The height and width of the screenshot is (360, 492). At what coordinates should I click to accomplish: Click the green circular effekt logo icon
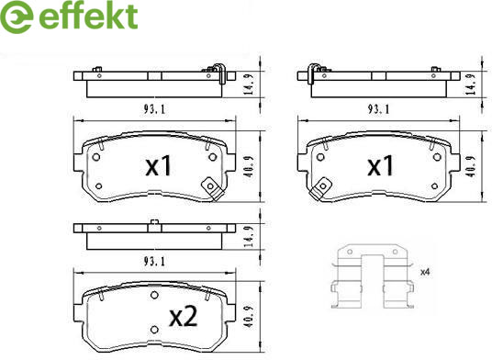17,17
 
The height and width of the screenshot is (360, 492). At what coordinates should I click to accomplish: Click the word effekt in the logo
88,16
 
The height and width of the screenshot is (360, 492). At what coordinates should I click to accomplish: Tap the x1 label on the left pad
158,166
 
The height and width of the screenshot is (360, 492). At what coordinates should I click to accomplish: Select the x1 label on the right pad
380,166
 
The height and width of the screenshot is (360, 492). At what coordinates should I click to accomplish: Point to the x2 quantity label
184,317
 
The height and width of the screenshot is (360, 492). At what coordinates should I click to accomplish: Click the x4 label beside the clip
425,272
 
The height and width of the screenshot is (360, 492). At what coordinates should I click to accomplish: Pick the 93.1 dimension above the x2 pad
154,261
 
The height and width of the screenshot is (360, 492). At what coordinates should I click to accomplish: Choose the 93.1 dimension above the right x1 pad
378,109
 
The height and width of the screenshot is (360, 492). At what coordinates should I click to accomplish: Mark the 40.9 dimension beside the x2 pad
250,317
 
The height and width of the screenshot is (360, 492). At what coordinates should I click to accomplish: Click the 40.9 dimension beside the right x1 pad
471,166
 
